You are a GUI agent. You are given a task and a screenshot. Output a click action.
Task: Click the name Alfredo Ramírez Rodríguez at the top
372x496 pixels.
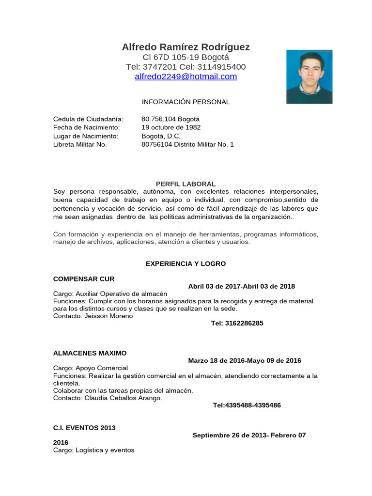(x=186, y=47)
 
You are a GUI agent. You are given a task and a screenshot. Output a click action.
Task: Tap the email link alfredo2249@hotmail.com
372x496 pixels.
(x=186, y=77)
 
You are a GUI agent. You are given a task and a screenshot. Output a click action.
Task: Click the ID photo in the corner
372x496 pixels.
(x=309, y=77)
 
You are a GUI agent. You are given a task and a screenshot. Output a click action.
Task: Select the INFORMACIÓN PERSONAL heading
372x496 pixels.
(x=186, y=102)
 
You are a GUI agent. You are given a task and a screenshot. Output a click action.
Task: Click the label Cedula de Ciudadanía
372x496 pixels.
(x=88, y=119)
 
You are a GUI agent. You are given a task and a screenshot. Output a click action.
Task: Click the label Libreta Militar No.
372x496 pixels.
(x=80, y=144)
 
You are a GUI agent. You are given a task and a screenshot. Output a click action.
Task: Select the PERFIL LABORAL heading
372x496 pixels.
(x=186, y=184)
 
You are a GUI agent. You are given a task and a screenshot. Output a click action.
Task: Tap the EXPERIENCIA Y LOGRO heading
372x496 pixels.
(x=186, y=264)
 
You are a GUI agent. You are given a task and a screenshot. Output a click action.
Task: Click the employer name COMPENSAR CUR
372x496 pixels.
(x=84, y=279)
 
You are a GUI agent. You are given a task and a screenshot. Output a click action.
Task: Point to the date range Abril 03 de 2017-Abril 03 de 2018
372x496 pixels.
(x=241, y=286)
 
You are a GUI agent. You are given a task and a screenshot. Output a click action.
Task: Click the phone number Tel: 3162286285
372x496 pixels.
(x=237, y=323)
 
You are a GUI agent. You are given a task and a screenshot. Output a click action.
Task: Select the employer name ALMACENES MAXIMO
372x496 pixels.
(x=90, y=353)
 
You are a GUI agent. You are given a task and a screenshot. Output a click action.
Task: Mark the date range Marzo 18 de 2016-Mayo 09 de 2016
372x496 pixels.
(x=245, y=360)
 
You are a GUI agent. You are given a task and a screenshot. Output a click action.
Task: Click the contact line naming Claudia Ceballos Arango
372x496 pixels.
(x=108, y=398)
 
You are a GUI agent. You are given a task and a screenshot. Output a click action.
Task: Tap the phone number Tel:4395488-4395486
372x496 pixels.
(x=247, y=405)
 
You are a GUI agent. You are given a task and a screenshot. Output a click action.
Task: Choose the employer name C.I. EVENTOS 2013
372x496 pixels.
(x=84, y=428)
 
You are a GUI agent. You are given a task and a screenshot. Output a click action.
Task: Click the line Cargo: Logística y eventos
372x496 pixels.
(x=93, y=450)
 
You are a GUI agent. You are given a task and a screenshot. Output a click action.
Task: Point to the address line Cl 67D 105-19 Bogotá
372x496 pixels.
(x=186, y=57)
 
